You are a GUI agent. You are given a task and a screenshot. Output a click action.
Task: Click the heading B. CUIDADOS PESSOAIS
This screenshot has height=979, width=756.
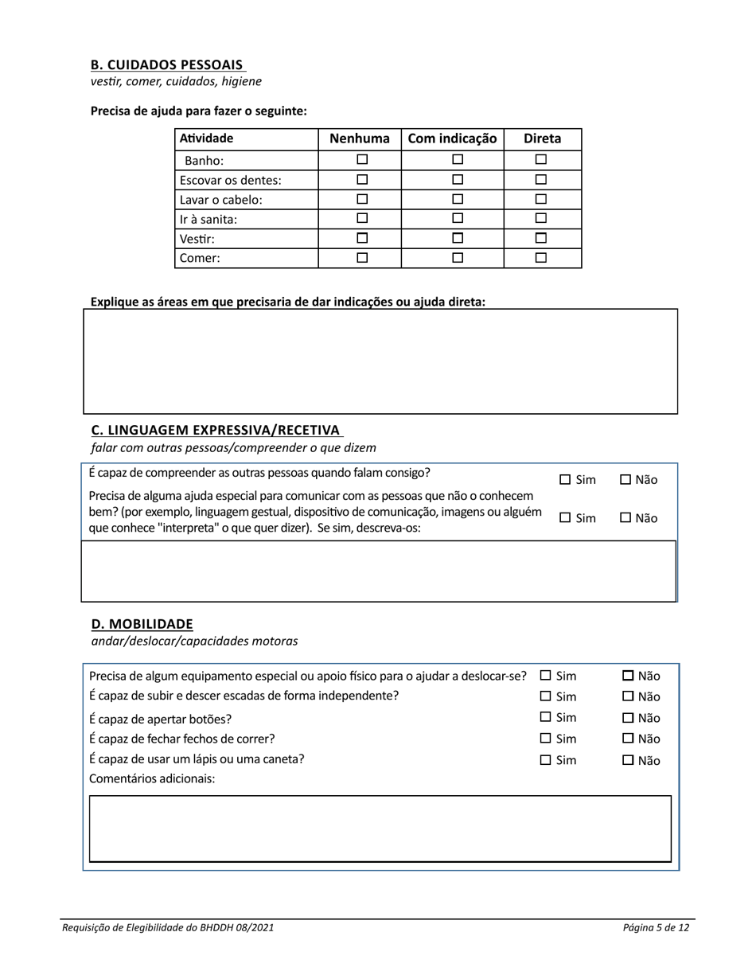[167, 64]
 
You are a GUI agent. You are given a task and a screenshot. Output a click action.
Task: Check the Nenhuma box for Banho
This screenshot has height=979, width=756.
[362, 160]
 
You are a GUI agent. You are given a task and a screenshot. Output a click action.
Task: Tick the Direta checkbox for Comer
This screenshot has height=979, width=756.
[541, 258]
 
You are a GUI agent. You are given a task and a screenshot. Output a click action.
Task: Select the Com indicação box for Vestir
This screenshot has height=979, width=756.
[458, 238]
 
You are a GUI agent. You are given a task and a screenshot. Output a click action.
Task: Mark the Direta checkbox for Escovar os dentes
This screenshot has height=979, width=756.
[541, 180]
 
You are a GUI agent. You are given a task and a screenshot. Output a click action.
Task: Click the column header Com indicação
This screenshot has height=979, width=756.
[452, 138]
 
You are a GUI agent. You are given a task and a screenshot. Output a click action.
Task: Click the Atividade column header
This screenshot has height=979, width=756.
[206, 138]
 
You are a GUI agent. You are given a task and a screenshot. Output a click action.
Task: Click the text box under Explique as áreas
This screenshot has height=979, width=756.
[380, 361]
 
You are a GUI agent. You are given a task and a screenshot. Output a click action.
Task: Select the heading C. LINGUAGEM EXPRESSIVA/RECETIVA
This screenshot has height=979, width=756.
[216, 430]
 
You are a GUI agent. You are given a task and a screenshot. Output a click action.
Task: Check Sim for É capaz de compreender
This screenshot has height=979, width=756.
[565, 480]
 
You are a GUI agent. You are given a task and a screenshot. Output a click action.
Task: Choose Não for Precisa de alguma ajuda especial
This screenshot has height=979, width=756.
[625, 518]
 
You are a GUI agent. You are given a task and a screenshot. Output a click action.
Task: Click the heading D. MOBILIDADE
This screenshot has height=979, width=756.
[142, 623]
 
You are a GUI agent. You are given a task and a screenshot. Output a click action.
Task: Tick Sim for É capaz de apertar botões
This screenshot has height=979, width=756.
[546, 718]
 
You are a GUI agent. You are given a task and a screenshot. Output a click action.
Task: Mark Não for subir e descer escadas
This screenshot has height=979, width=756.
[628, 697]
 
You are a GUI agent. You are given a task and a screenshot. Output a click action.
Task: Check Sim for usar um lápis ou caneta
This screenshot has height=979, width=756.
[546, 760]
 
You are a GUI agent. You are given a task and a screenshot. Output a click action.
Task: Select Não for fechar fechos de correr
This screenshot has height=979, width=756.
[628, 739]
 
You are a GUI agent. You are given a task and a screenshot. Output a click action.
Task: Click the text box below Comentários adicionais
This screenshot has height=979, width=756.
[380, 829]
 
